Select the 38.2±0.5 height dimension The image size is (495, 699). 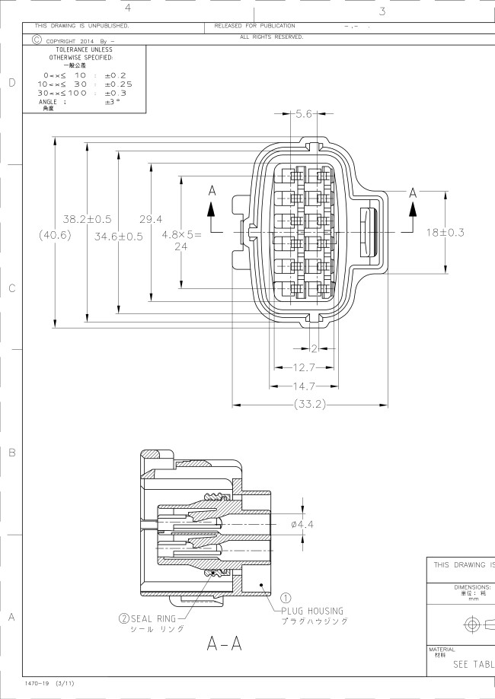87,219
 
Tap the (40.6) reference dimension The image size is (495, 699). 54,236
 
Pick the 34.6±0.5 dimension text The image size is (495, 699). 119,236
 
